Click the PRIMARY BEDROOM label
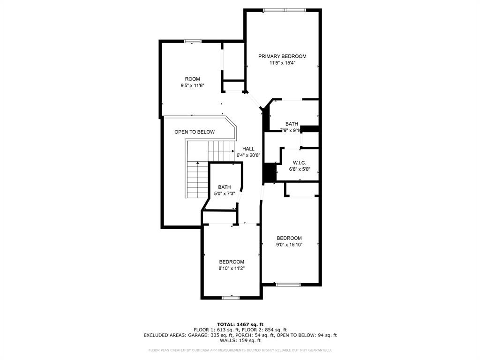point(282,56)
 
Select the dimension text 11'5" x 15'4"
point(282,63)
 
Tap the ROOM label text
point(192,79)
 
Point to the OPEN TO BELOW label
point(195,132)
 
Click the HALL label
point(248,149)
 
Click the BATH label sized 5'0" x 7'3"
point(224,187)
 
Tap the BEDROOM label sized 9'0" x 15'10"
point(289,238)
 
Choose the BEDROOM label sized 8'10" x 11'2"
point(232,262)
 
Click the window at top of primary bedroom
point(284,10)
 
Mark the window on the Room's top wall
point(192,41)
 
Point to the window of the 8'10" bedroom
point(231,297)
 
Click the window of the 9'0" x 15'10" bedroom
point(288,284)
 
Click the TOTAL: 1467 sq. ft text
point(240,324)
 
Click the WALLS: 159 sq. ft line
point(240,340)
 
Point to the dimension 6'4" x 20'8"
point(248,155)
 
